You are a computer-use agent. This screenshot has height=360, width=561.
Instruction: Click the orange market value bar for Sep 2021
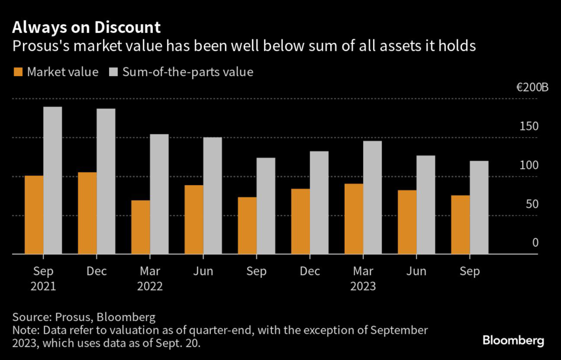click(34, 215)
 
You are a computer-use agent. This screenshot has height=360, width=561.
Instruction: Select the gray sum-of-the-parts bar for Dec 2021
click(106, 181)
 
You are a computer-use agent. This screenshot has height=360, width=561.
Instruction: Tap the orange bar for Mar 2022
click(140, 227)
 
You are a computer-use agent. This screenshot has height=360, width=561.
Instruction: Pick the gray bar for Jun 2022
click(213, 196)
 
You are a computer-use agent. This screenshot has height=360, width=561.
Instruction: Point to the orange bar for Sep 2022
click(247, 225)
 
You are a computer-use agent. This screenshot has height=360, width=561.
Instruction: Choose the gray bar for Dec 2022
click(319, 203)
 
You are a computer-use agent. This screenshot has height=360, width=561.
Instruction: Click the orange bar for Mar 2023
click(354, 219)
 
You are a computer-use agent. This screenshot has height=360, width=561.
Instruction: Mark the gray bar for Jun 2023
click(426, 205)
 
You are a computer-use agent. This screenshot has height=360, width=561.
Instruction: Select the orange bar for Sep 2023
click(460, 225)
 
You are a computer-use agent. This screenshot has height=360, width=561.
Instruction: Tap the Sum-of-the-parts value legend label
click(188, 72)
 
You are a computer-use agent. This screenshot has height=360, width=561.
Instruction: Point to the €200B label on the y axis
click(531, 88)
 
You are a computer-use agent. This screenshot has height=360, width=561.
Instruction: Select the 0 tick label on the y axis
click(535, 243)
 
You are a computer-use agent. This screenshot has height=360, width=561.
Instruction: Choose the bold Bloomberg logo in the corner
click(513, 341)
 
